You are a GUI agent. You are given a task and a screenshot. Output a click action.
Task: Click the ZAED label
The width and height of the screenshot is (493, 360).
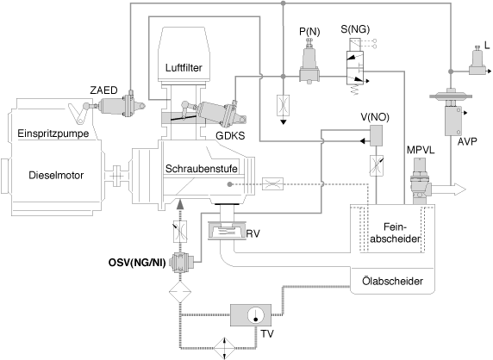103,90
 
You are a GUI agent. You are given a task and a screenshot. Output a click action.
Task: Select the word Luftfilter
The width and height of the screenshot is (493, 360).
184,67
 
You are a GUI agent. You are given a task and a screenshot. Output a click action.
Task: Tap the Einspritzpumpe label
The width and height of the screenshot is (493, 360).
53,133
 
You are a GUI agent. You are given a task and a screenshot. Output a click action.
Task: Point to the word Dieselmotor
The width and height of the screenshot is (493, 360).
56,175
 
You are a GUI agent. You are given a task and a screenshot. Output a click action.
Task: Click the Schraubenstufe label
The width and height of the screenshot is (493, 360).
201,169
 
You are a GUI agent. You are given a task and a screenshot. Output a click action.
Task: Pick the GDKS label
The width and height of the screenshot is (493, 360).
230,136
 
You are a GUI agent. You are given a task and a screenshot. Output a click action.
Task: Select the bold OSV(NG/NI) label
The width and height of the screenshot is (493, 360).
137,263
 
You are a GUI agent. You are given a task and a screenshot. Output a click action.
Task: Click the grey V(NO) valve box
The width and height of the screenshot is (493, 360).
376,136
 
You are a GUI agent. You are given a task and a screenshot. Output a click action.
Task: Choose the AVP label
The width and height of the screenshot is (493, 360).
467,142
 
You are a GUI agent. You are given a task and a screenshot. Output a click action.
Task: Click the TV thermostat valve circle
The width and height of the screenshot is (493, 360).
256,316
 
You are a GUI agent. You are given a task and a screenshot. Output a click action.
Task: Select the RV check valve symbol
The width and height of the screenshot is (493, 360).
227,231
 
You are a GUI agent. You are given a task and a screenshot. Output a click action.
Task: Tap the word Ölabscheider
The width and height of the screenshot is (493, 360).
392,281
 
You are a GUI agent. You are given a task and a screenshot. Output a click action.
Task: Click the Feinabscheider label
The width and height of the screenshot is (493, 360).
396,233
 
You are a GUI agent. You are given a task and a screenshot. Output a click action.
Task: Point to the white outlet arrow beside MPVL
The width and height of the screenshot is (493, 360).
449,189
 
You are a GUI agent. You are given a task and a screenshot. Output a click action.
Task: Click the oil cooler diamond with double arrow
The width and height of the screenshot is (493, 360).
224,348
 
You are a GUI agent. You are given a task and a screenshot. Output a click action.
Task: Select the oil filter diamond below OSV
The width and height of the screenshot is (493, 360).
180,292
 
